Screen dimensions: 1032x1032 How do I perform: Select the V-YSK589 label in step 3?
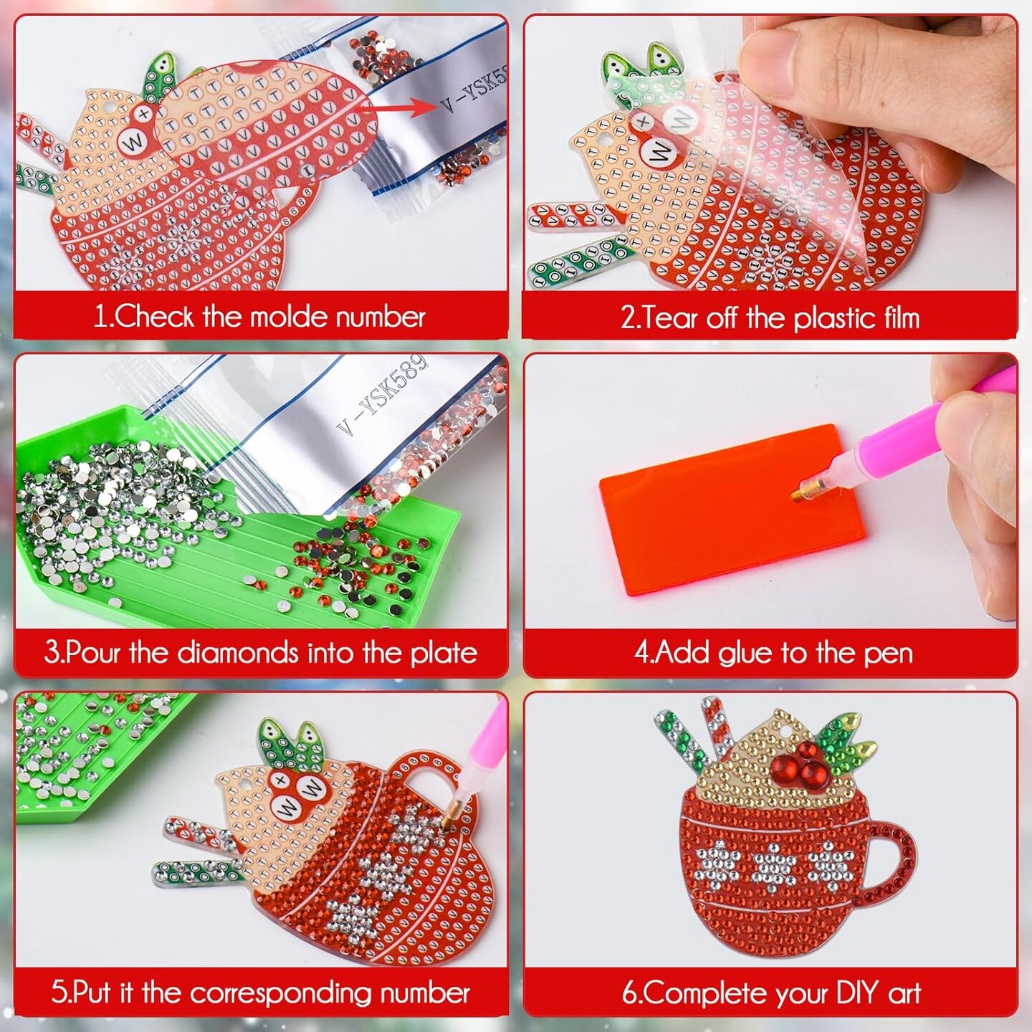(x=383, y=394)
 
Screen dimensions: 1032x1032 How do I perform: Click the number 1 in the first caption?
(x=100, y=316)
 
